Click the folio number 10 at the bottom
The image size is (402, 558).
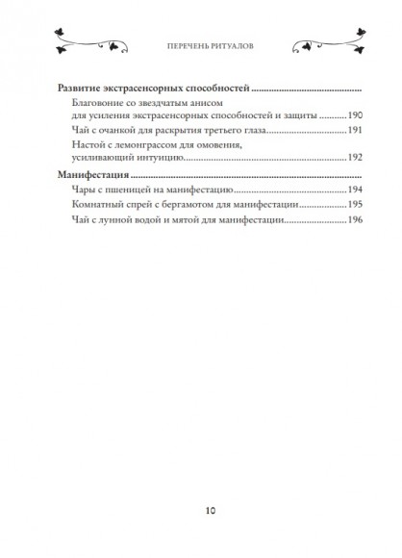click(200, 511)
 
